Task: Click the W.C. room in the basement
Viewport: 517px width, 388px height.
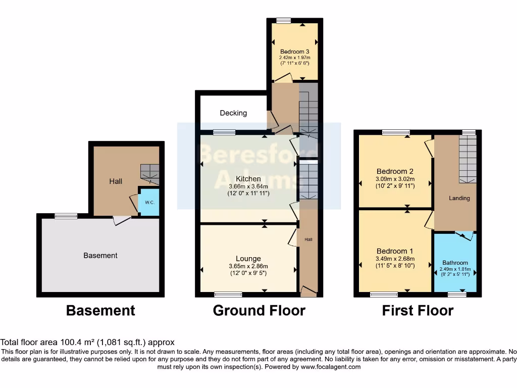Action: pyautogui.click(x=149, y=202)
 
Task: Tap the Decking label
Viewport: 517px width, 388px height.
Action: pyautogui.click(x=233, y=113)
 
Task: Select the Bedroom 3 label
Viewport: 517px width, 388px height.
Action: pyautogui.click(x=295, y=52)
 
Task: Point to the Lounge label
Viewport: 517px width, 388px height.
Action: pyautogui.click(x=248, y=259)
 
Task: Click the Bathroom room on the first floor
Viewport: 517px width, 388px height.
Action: pyautogui.click(x=455, y=263)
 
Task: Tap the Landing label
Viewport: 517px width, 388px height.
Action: pyautogui.click(x=459, y=198)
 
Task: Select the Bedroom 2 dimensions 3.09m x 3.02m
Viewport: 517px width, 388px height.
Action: pyautogui.click(x=395, y=179)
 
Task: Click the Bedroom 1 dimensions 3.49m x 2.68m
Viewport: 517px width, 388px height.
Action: pyautogui.click(x=395, y=258)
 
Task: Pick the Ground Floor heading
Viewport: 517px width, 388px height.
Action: pyautogui.click(x=259, y=310)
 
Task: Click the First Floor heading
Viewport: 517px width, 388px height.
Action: pyautogui.click(x=418, y=310)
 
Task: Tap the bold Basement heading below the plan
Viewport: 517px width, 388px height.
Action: pyautogui.click(x=100, y=310)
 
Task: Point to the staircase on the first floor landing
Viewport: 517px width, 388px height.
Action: pyautogui.click(x=468, y=159)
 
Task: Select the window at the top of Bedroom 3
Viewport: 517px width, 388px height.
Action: pyautogui.click(x=284, y=21)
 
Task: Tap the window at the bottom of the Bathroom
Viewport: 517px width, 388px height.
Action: pyautogui.click(x=457, y=294)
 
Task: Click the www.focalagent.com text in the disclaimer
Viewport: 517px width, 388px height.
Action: pyautogui.click(x=331, y=367)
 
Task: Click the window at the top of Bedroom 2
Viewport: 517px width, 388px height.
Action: pyautogui.click(x=396, y=132)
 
